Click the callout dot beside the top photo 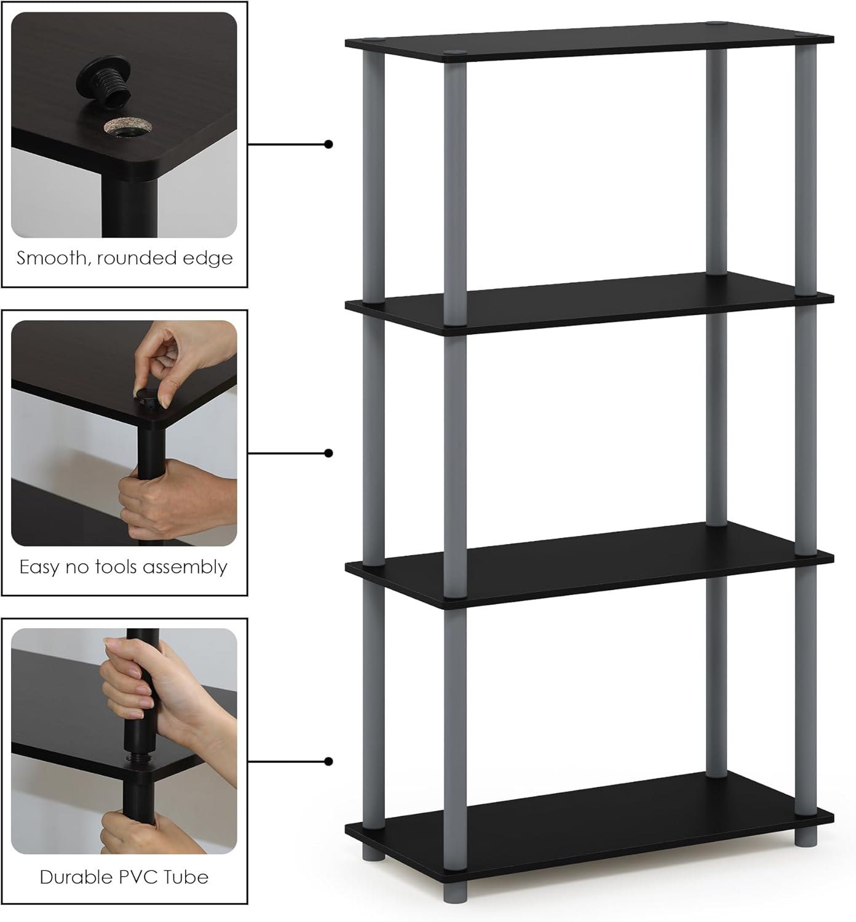(329, 144)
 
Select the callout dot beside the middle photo (329, 453)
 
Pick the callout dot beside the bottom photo (329, 762)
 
